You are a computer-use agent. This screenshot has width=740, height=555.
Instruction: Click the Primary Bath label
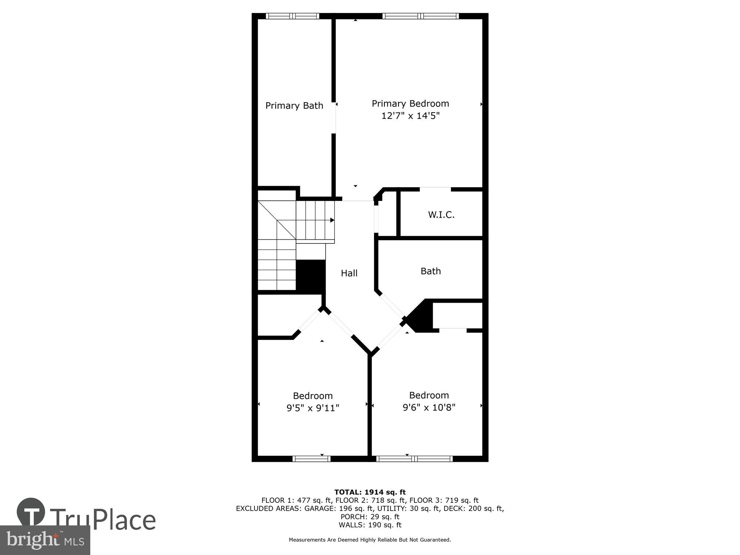point(294,106)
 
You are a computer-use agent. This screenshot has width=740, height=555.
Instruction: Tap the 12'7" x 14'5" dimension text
point(410,116)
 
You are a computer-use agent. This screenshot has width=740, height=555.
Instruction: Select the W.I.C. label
point(441,215)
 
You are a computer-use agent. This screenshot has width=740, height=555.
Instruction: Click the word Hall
point(349,273)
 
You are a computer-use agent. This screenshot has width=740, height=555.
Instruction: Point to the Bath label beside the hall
point(431,271)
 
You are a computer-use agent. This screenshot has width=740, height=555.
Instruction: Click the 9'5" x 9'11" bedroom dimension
point(313,408)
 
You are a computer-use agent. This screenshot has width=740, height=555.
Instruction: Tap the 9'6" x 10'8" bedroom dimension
point(429,407)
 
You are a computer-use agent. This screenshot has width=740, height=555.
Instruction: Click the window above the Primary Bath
point(292,16)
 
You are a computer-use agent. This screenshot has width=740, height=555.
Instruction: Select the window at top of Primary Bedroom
point(420,16)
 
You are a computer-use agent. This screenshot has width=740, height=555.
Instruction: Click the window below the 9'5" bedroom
point(311,459)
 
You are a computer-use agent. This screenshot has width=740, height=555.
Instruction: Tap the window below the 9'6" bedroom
point(414,459)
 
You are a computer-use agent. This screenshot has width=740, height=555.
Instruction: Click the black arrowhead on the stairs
point(332,220)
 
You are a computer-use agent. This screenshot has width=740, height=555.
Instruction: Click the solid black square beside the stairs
point(311,277)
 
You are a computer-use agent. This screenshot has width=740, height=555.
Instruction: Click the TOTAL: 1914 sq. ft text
point(370,492)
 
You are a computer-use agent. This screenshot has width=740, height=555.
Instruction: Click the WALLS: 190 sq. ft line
point(370,525)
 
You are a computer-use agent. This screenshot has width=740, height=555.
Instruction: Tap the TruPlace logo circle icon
point(31,512)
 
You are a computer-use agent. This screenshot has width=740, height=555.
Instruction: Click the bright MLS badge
point(45,540)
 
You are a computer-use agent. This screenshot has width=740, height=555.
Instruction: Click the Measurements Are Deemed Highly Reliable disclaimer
point(370,540)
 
